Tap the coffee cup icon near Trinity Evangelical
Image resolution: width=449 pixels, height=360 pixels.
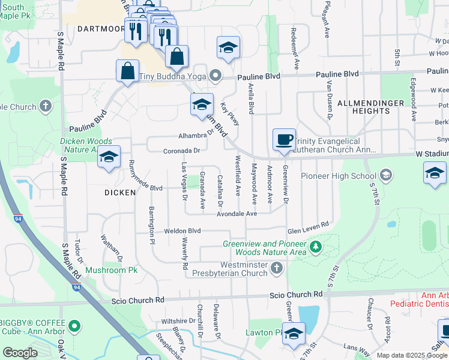pos(285,140)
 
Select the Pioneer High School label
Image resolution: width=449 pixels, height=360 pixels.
pos(338,176)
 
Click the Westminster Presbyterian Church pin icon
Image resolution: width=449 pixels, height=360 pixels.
pos(276,268)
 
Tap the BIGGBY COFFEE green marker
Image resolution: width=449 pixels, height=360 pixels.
pos(74,326)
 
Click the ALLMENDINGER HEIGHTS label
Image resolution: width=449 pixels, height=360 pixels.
pos(371,107)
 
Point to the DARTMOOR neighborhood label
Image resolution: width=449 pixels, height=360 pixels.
pos(100,28)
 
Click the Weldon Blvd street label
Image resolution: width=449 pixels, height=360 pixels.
pos(182,230)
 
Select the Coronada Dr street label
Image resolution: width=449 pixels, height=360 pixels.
pos(181,151)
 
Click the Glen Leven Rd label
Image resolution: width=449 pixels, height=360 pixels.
pos(308,224)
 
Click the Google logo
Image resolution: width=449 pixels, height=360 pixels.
pos(20,353)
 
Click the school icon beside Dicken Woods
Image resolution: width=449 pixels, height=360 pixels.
pos(108,157)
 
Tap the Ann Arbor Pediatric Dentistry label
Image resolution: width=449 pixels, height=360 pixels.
pos(419,300)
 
